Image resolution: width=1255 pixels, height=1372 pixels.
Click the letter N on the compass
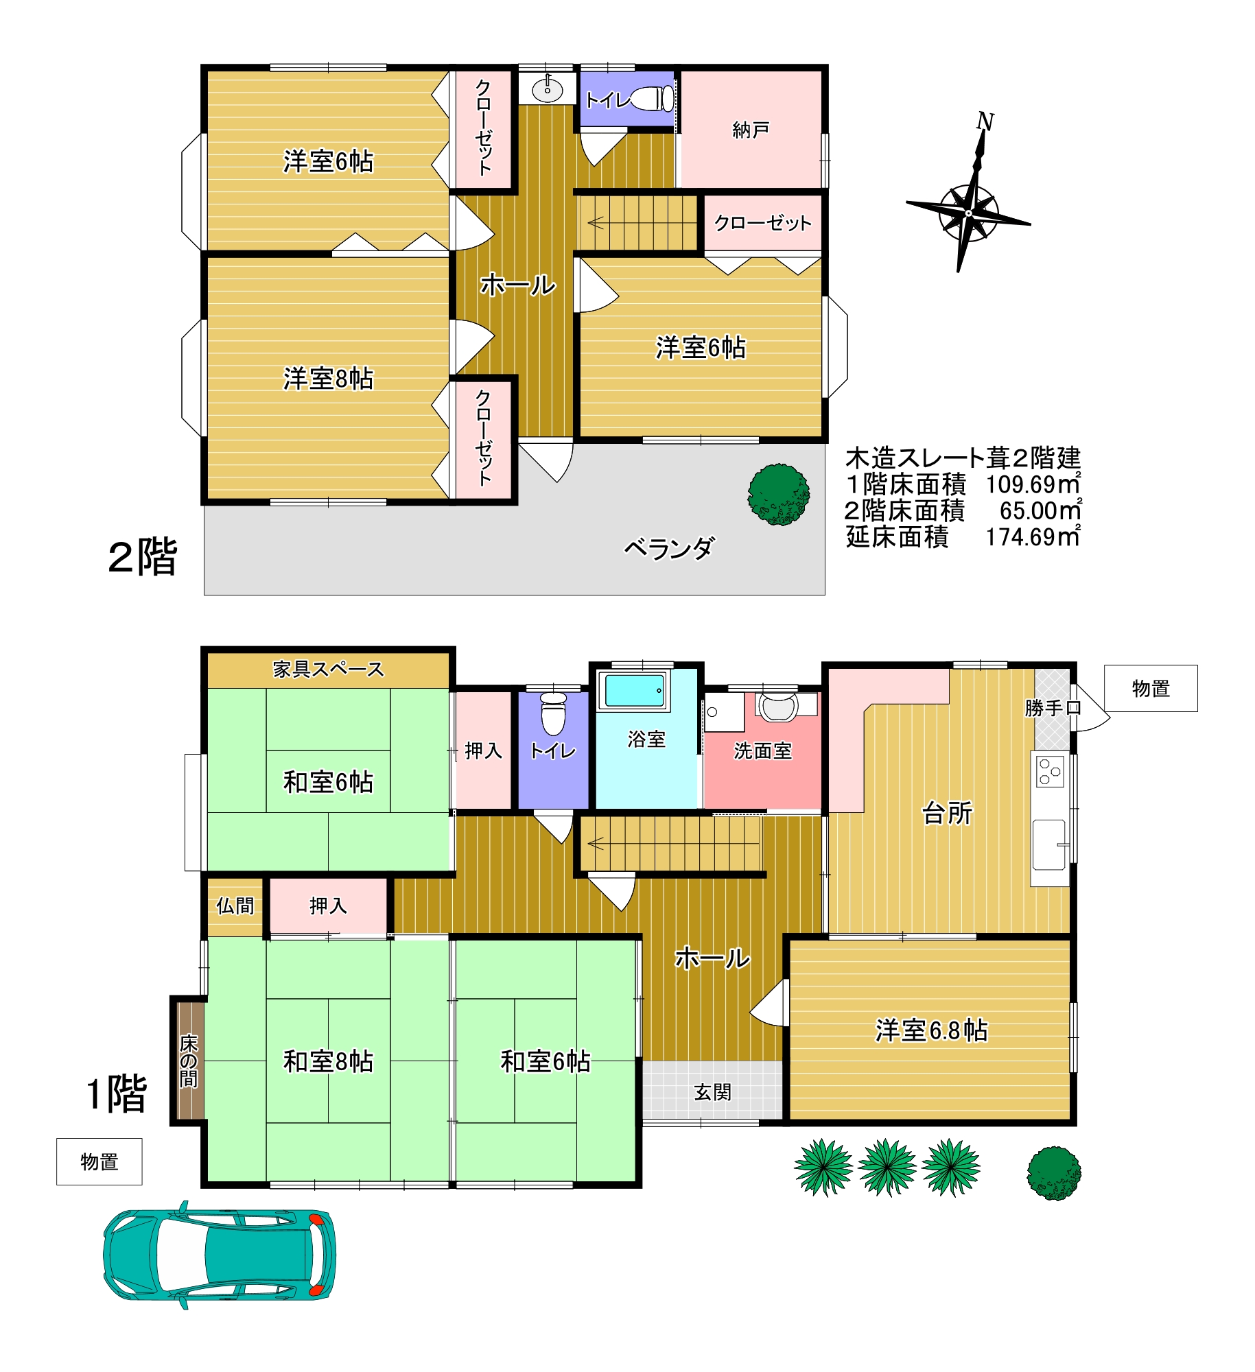pyautogui.click(x=985, y=121)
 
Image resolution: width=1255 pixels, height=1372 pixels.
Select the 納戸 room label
pyautogui.click(x=751, y=130)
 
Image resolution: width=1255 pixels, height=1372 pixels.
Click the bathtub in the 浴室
pyautogui.click(x=632, y=690)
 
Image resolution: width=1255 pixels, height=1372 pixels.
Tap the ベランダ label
pyautogui.click(x=669, y=548)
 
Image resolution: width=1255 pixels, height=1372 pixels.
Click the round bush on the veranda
pyautogui.click(x=779, y=495)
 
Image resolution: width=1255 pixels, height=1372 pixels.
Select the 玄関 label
pyautogui.click(x=713, y=1092)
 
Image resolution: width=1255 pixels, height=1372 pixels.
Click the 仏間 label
pyautogui.click(x=235, y=906)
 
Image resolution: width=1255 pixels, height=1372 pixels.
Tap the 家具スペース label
pyautogui.click(x=328, y=669)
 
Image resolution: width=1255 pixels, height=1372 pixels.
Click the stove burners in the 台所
pyautogui.click(x=1050, y=771)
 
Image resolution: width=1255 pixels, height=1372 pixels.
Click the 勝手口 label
pyautogui.click(x=1053, y=708)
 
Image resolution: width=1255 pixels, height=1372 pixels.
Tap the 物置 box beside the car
pyautogui.click(x=99, y=1162)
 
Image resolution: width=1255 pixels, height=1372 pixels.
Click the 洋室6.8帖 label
pyautogui.click(x=931, y=1030)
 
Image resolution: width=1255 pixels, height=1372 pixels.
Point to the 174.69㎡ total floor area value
pyautogui.click(x=1033, y=536)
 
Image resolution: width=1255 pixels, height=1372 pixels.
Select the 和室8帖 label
pyautogui.click(x=328, y=1061)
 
